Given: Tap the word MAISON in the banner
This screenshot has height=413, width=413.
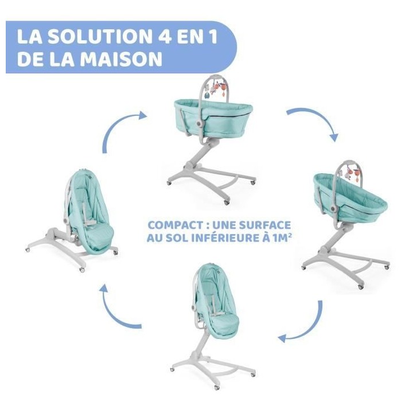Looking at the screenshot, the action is tap(121, 59).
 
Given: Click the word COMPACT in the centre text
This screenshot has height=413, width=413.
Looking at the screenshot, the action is tap(176, 225).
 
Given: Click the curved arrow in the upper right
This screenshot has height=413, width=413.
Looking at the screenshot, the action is tap(317, 118).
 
